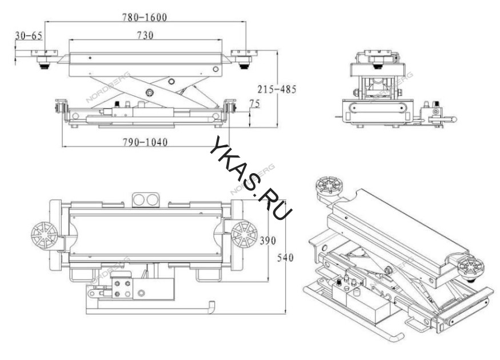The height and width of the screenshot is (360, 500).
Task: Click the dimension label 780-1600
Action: point(145,17)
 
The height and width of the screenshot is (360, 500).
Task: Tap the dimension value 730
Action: point(145,35)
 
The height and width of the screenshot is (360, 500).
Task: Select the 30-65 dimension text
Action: point(29,35)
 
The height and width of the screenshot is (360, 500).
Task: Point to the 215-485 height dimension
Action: point(277,89)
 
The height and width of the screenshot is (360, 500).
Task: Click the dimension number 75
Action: point(254,103)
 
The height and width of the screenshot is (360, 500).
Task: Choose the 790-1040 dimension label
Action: point(145,142)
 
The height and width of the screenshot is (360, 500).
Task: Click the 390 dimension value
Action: point(267,240)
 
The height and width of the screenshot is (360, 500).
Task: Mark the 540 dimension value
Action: point(285,257)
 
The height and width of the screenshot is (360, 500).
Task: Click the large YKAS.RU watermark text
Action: point(251,178)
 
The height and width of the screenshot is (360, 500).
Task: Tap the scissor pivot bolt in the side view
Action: point(149,93)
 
